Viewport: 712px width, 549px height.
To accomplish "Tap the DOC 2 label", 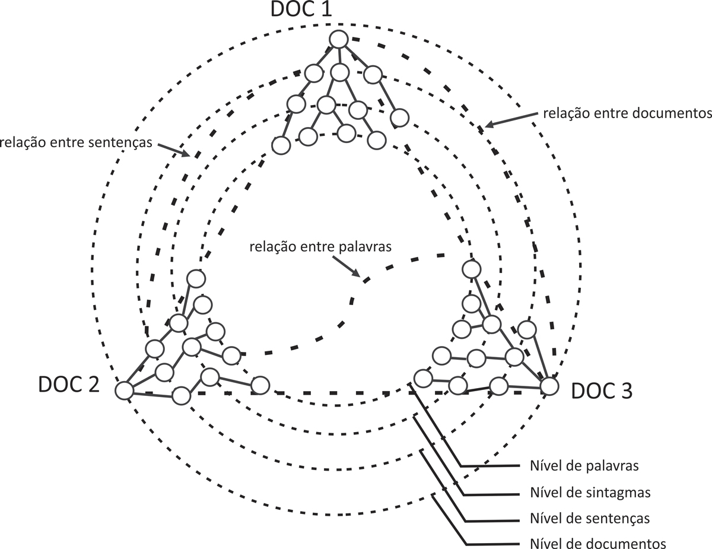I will (69, 385).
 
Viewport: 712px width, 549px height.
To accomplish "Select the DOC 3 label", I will (602, 391).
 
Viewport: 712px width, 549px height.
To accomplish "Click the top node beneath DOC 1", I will (338, 40).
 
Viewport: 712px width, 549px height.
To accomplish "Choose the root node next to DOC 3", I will (549, 386).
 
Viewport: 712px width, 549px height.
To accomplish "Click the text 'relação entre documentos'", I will (626, 113).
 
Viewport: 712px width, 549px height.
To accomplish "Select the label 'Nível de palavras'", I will (582, 465).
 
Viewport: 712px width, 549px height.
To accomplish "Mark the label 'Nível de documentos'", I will (593, 543).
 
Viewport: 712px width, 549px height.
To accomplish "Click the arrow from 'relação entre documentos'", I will (510, 119).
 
